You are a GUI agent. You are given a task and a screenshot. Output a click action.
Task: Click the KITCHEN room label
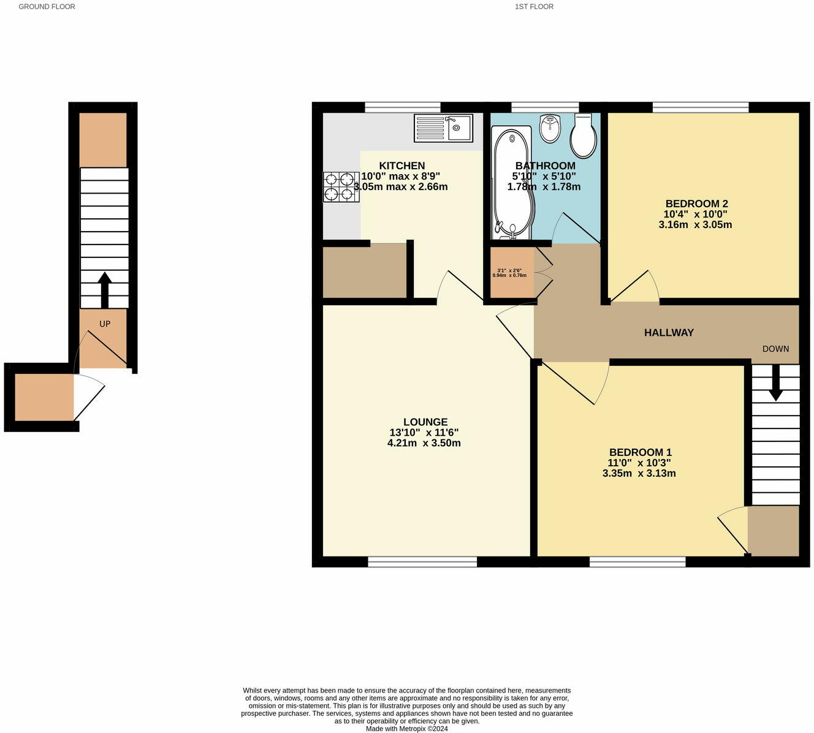(x=401, y=165)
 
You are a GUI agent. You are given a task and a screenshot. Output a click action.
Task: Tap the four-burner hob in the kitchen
(x=341, y=187)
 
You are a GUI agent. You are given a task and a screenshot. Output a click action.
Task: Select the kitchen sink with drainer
(x=444, y=128)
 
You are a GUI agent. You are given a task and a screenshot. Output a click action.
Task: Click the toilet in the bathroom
(x=583, y=135)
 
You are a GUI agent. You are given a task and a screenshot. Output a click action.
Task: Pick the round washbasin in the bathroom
(x=550, y=128)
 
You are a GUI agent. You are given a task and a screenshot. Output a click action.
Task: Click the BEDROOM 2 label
(x=696, y=203)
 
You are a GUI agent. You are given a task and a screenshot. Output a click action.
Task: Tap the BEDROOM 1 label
(x=640, y=452)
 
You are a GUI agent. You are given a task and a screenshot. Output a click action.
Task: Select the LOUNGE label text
(x=425, y=422)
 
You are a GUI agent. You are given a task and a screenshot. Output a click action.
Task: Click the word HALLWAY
(x=669, y=332)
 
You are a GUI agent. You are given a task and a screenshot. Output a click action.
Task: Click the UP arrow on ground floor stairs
(x=105, y=290)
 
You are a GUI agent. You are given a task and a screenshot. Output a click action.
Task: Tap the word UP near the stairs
(x=105, y=324)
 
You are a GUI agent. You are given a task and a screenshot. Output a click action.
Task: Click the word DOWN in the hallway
(x=775, y=349)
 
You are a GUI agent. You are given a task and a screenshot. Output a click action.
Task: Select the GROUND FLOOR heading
(x=47, y=7)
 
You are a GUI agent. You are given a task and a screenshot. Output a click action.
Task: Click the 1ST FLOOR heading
(x=534, y=7)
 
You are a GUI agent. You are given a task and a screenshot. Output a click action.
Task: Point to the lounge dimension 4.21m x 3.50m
(x=424, y=443)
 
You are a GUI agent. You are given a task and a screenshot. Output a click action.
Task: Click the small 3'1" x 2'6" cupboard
(x=512, y=272)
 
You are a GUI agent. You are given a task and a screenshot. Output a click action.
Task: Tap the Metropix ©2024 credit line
(x=407, y=729)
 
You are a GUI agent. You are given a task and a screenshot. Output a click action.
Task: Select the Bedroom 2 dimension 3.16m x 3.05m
(x=695, y=224)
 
